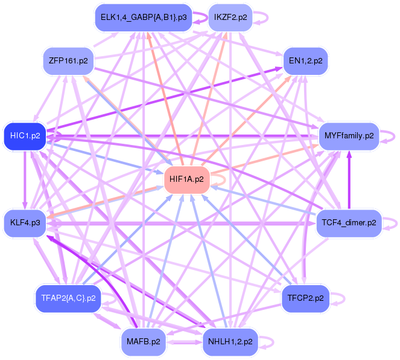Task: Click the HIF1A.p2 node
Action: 187,179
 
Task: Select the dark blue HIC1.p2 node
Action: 25,135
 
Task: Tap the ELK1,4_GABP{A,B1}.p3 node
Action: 144,18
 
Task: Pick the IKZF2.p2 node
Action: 230,18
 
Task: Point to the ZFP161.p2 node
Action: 68,61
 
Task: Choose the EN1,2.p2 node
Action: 305,61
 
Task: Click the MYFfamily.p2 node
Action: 349,136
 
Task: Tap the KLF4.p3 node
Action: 25,223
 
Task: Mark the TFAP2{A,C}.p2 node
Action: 68,298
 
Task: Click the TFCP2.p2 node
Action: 305,298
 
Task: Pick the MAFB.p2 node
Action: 144,341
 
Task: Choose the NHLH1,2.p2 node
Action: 230,341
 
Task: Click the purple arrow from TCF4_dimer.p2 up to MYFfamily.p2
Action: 349,181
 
